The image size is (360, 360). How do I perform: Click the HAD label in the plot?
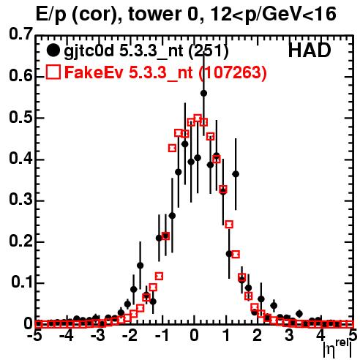[310, 50]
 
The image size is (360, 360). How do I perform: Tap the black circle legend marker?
[53, 50]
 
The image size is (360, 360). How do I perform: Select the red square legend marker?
[53, 72]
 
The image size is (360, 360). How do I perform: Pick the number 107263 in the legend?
[232, 72]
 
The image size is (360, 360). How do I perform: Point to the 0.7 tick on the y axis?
[20, 34]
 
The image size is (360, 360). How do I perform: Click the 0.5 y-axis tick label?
[20, 118]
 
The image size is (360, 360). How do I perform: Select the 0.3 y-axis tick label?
[20, 200]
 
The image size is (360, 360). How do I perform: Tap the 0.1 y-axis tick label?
[21, 282]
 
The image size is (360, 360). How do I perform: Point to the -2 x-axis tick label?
[131, 336]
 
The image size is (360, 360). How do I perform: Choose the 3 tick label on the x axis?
[289, 336]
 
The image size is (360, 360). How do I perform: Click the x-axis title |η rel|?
[337, 348]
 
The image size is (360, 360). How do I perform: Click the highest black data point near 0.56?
[203, 93]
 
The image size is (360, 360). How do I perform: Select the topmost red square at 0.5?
[198, 119]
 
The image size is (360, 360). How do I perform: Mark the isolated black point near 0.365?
[236, 174]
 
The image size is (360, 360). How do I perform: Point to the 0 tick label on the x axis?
[194, 336]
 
